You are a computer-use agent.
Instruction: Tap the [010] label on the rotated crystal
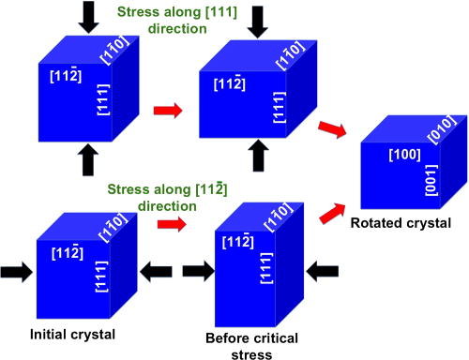tap(442, 130)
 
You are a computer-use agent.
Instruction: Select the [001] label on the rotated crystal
tap(431, 183)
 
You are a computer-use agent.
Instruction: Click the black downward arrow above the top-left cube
tap(89, 16)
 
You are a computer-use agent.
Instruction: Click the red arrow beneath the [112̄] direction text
tap(170, 225)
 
